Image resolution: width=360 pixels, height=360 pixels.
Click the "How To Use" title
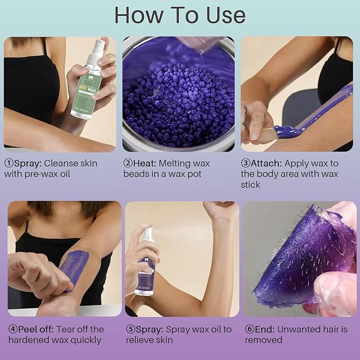pos(180,15)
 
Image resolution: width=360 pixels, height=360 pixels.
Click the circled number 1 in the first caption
pos(8,163)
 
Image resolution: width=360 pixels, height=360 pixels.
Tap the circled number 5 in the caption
pos(130,329)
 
